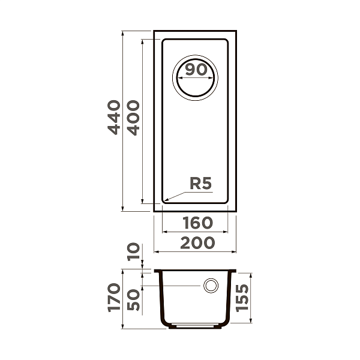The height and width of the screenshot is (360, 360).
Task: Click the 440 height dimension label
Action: click(114, 117)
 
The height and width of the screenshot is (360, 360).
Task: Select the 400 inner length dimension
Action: click(133, 117)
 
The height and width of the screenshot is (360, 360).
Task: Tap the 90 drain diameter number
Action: click(195, 70)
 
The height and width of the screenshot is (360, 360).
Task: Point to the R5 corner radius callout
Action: click(200, 184)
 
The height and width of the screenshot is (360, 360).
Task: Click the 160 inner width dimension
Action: click(197, 223)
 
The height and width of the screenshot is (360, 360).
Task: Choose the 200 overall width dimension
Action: click(197, 242)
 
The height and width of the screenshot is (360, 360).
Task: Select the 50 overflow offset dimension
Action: click(133, 298)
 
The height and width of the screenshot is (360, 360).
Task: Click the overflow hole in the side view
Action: click(211, 286)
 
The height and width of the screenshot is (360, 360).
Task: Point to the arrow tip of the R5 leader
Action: click(164, 200)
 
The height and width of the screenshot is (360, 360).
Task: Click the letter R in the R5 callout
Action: click(195, 184)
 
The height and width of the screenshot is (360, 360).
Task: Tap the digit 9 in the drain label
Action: click(189, 70)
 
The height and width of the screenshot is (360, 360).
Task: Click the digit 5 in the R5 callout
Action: click(207, 184)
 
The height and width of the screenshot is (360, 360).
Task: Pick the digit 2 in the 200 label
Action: click(185, 242)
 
